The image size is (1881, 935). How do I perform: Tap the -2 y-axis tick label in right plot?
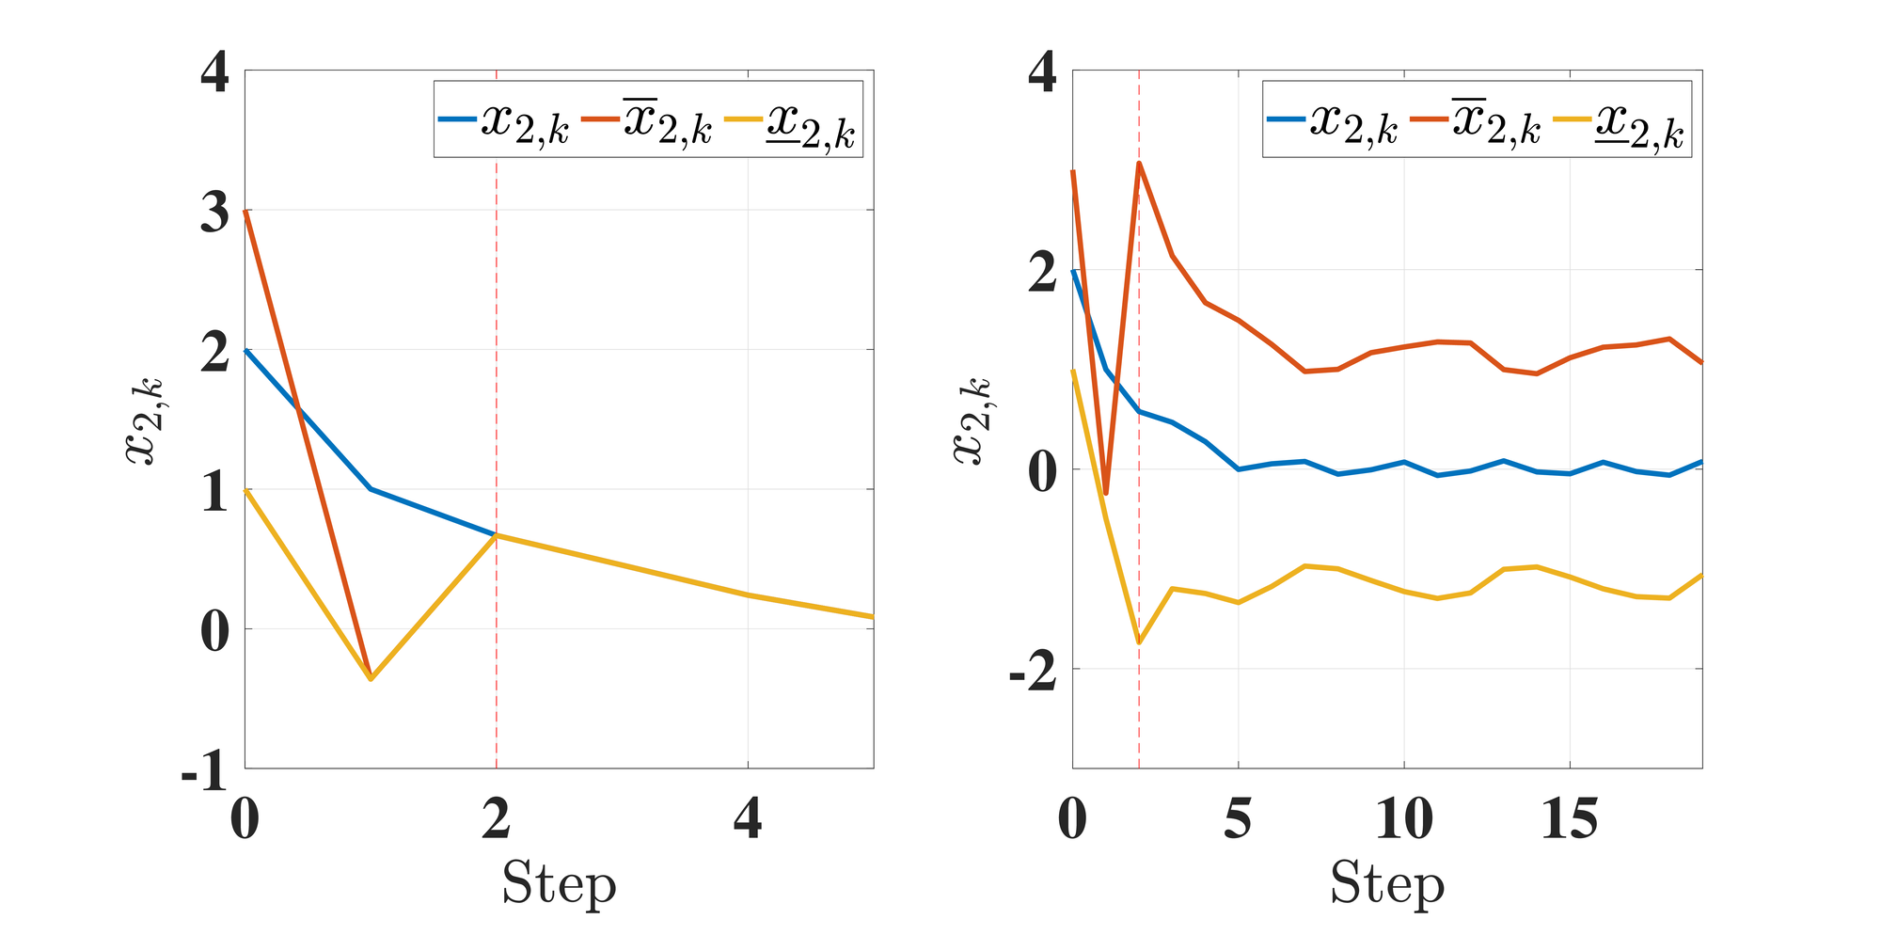1033,673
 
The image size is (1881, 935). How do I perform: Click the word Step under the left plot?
559,883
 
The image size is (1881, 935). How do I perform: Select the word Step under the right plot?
1386,883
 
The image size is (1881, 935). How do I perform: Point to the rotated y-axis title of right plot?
972,420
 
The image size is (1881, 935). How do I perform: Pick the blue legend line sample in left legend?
458,119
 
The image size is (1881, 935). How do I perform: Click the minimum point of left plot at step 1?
371,678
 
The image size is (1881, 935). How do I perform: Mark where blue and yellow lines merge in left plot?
497,535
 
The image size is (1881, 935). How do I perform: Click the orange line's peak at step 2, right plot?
1139,163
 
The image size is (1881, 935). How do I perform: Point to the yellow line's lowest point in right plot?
1139,643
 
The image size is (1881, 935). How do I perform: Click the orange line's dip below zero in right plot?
1106,493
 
